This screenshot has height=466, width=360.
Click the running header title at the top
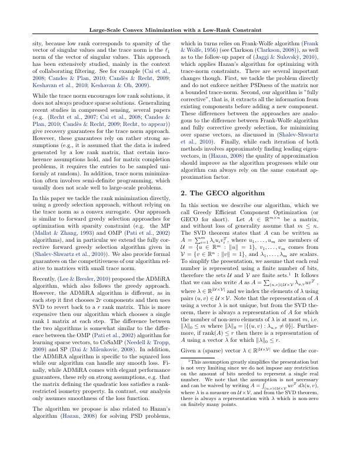point(180,30)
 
